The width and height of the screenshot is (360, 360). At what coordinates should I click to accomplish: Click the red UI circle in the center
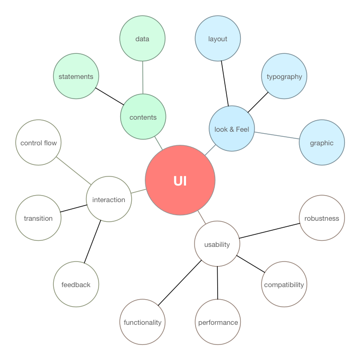180,181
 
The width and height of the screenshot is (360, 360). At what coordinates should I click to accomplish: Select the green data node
143,39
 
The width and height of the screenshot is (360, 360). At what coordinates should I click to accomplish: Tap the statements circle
76,76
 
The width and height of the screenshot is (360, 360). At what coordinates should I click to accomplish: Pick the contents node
143,117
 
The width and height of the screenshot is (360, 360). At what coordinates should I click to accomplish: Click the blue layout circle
218,39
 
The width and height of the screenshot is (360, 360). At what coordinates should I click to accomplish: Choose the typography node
284,76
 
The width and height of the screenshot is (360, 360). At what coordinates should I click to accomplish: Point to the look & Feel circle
232,129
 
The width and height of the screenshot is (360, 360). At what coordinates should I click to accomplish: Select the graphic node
322,142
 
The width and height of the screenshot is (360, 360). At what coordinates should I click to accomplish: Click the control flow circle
38,143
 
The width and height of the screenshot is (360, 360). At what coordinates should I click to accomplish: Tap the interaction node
109,199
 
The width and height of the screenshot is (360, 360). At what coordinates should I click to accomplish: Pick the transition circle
38,218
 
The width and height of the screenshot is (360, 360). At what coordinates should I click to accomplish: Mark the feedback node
76,285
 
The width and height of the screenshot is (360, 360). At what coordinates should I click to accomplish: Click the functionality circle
143,322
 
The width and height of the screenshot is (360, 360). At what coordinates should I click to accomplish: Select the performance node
218,322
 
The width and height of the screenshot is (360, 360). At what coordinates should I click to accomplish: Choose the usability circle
217,244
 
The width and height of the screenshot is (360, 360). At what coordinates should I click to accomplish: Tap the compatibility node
284,285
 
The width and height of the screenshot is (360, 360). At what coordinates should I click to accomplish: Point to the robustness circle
322,218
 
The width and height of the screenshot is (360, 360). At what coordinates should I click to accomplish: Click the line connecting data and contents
143,78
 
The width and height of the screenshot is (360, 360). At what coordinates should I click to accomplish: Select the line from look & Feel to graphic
277,136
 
